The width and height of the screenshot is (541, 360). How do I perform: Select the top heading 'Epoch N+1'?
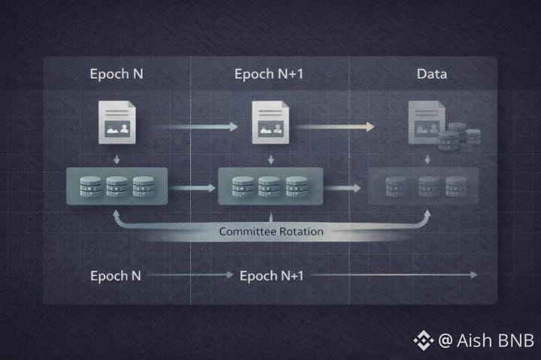point(269,74)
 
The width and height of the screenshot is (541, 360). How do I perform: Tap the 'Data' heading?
point(431,74)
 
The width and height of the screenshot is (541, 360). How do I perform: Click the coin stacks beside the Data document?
point(460,138)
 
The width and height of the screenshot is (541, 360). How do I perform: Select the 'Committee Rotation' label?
point(271,231)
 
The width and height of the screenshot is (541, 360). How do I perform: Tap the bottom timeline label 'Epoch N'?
point(116,276)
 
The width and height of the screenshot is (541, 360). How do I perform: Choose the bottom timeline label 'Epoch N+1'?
point(271,276)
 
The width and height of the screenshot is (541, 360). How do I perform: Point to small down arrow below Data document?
point(428,159)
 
